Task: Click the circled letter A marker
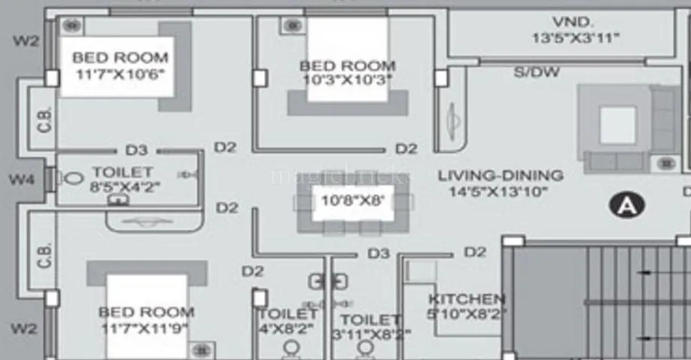(622, 205)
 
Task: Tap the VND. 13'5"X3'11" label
(575, 29)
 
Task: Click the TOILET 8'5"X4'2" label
(122, 179)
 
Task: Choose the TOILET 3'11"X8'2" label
(369, 327)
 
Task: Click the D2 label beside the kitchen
(474, 253)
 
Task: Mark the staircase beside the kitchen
(600, 300)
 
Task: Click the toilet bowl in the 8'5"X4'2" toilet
(74, 179)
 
